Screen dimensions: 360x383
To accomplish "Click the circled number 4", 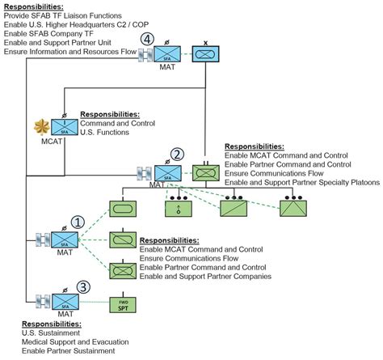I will (x=146, y=39).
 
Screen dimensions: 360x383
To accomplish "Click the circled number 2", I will (x=176, y=155).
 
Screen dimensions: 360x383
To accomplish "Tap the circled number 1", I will (x=78, y=222).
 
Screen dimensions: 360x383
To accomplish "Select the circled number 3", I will (x=82, y=287).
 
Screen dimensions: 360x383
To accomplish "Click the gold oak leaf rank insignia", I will (x=37, y=126).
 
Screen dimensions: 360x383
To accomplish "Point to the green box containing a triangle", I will (x=291, y=207).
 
